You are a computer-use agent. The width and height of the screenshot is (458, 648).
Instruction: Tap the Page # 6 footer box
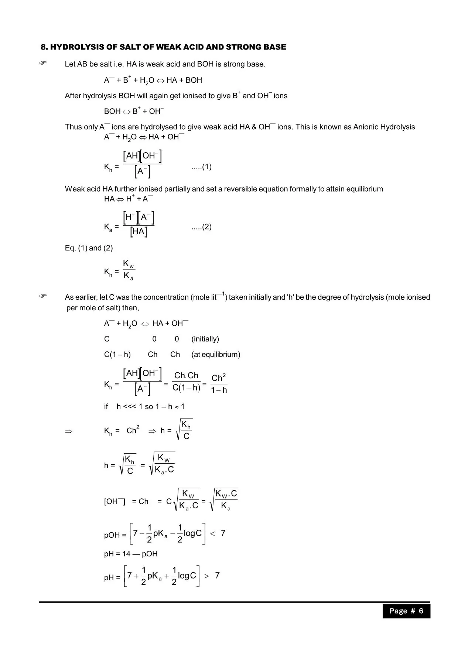(x=406, y=611)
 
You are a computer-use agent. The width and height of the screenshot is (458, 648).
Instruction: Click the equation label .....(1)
(x=201, y=167)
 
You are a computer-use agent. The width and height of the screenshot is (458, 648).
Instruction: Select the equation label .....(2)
(x=201, y=227)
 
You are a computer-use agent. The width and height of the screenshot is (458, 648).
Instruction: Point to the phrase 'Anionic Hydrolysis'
(x=384, y=127)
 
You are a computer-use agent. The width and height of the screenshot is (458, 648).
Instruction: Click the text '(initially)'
(x=205, y=339)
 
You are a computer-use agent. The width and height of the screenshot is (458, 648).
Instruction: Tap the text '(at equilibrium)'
(x=216, y=355)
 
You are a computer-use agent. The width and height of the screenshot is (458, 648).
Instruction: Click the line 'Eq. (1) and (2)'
(x=89, y=248)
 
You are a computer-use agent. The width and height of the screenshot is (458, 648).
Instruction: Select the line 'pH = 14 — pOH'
(x=131, y=554)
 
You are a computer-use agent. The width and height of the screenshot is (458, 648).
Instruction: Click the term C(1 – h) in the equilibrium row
(x=117, y=355)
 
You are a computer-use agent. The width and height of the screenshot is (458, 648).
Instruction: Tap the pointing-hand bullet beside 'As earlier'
(x=43, y=296)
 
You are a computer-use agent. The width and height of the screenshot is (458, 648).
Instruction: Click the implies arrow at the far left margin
(x=69, y=431)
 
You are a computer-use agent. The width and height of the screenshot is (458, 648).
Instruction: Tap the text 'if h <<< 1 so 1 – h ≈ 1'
(x=144, y=407)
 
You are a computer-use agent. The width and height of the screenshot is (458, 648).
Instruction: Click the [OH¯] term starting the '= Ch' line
(x=114, y=502)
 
